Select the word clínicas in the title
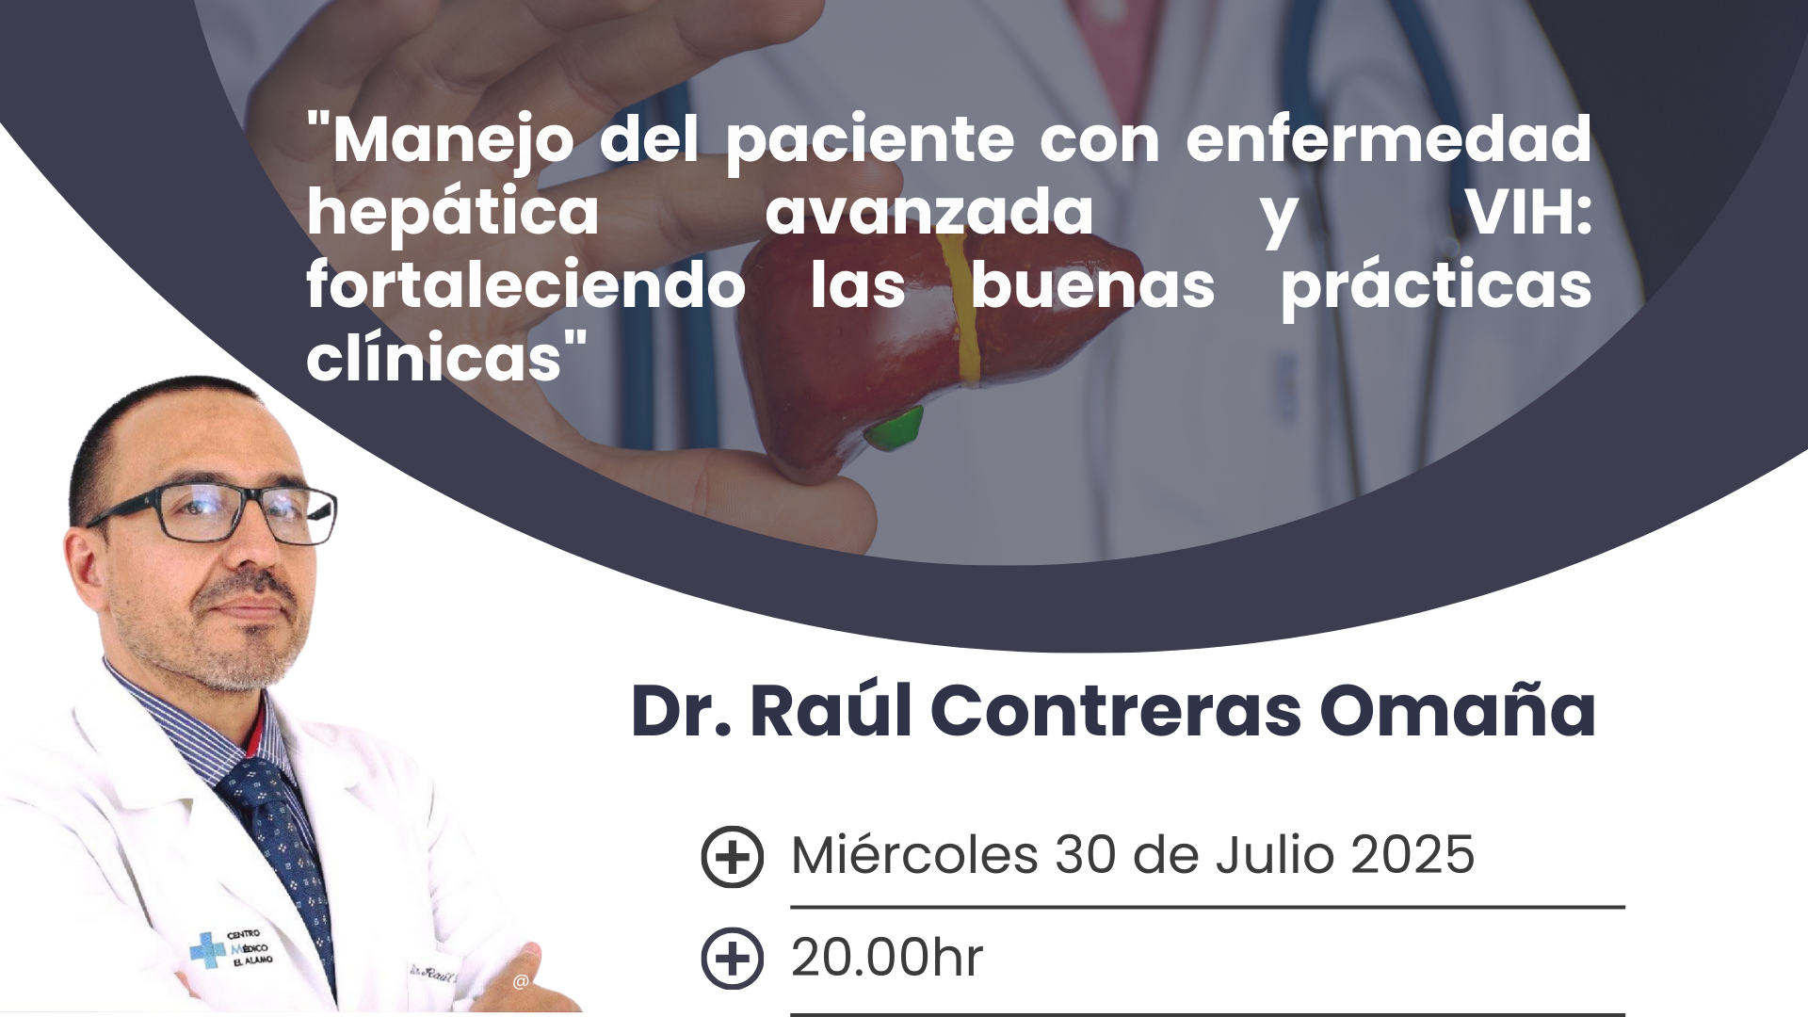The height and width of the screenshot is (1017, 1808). (434, 359)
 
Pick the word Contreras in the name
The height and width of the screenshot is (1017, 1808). (1116, 712)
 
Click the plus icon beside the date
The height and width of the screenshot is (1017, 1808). (732, 857)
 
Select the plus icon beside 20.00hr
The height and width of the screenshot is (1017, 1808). (732, 959)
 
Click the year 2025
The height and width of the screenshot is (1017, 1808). (1412, 855)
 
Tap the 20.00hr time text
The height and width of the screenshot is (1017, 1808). (887, 958)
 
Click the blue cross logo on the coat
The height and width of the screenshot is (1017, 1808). (208, 949)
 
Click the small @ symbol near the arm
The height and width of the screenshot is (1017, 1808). (521, 982)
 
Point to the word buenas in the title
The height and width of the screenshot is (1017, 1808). (1092, 286)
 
